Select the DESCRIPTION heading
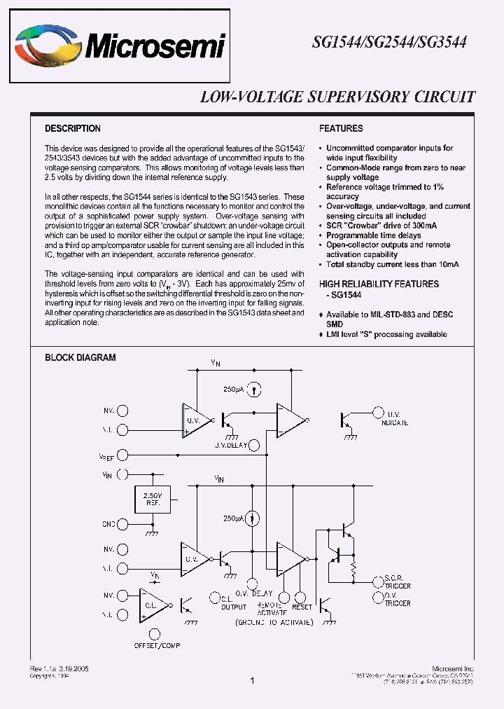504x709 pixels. pos(73,129)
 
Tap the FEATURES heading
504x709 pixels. pos(341,129)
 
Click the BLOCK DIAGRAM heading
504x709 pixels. pos(80,357)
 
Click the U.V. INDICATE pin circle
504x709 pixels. pos(379,413)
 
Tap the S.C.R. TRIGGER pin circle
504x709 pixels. pos(379,581)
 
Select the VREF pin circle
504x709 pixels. pos(123,455)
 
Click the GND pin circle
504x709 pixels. pos(123,523)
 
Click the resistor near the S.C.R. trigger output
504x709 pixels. pos(354,566)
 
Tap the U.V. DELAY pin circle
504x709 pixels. pos(255,444)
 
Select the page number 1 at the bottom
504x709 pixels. pos(251,680)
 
